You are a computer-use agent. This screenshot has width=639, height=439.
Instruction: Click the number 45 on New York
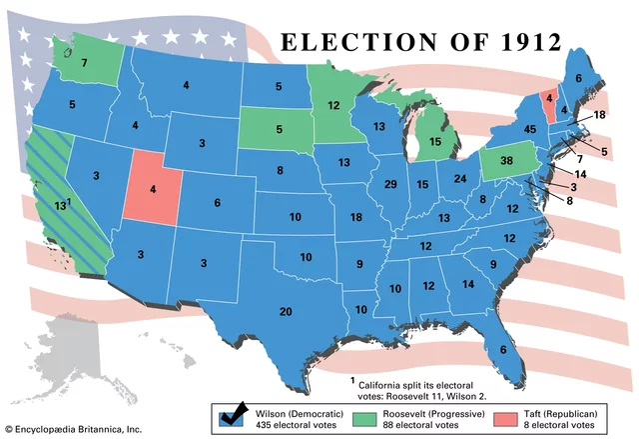coord(530,129)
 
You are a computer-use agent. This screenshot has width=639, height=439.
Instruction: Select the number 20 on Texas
coord(286,311)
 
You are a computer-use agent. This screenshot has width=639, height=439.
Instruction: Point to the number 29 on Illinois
coord(390,184)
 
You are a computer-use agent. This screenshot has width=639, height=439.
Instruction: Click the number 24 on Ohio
coord(460,179)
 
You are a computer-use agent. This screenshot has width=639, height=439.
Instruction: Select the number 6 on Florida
coord(502,349)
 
